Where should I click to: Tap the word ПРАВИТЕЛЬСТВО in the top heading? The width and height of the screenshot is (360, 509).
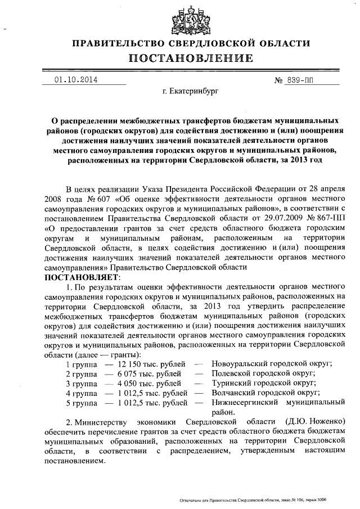click(x=114, y=43)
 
